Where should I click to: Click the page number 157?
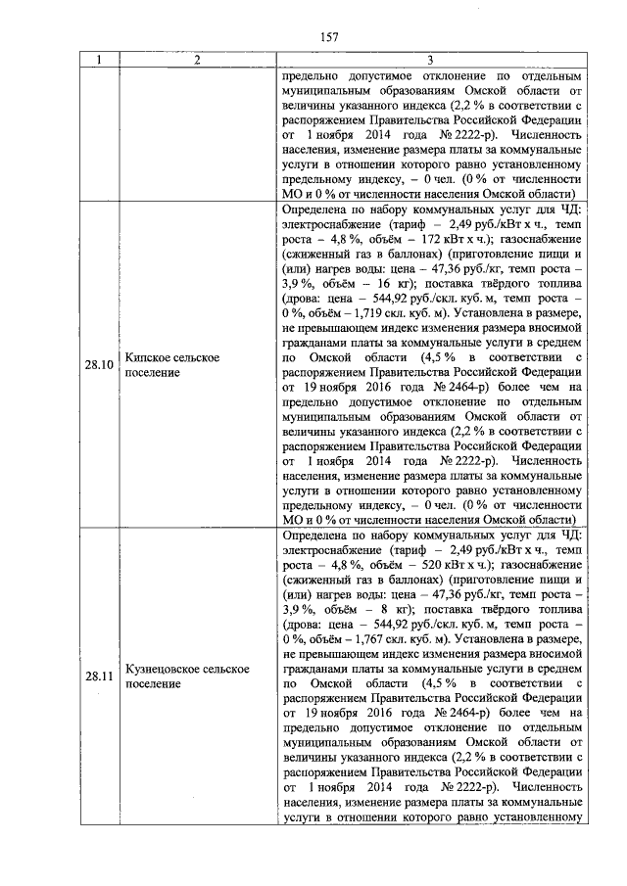click(x=329, y=37)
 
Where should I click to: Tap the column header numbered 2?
click(x=198, y=60)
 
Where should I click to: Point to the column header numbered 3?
click(x=431, y=60)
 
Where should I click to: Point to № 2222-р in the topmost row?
click(x=465, y=133)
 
